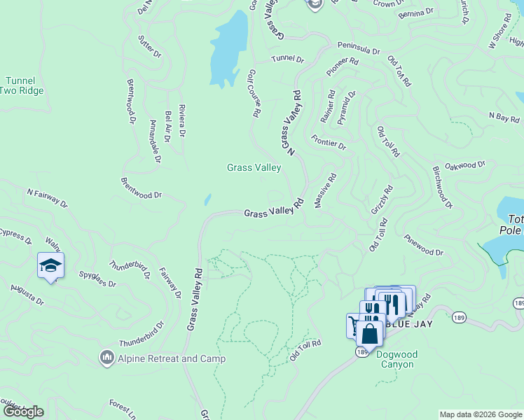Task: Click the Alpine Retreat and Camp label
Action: click(x=172, y=359)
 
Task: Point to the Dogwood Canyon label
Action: click(x=397, y=359)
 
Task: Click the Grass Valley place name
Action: click(x=254, y=167)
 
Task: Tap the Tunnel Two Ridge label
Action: click(x=21, y=85)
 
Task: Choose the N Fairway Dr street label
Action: click(x=47, y=197)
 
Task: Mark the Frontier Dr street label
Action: click(x=329, y=143)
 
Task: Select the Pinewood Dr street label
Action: click(x=425, y=245)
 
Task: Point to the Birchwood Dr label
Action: click(x=443, y=188)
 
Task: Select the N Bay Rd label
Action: click(x=504, y=117)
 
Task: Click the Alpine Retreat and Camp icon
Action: click(x=106, y=358)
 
